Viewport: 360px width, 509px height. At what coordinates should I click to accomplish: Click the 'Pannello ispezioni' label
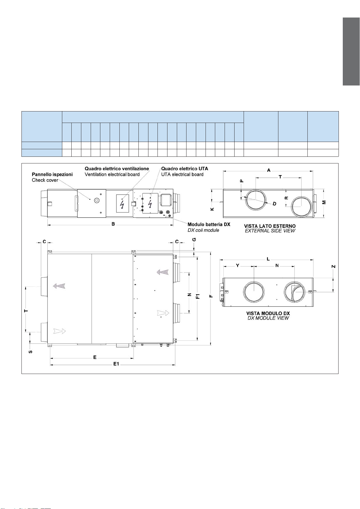click(x=52, y=175)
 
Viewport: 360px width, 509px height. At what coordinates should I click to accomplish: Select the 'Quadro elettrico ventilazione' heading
click(x=117, y=169)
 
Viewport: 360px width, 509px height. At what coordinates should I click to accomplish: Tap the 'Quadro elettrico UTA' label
click(x=185, y=169)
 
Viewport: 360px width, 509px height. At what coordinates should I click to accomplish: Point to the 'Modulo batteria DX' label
click(x=209, y=224)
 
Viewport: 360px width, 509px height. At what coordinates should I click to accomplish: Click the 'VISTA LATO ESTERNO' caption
click(x=270, y=226)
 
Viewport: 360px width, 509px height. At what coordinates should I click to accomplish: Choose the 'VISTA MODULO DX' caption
click(x=268, y=313)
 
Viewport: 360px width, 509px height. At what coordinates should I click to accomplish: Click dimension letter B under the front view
click(x=113, y=224)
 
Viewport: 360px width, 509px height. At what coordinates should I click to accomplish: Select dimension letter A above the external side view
click(x=269, y=170)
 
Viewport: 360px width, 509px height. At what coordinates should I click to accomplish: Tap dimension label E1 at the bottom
click(x=116, y=364)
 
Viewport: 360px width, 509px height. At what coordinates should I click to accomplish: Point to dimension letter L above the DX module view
click(x=268, y=259)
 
